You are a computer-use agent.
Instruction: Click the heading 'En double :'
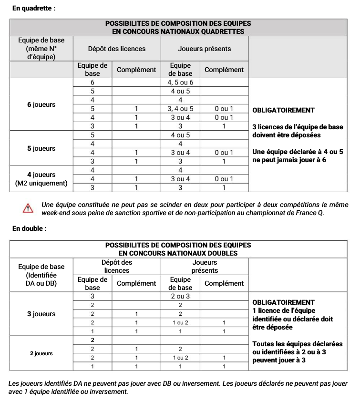pos(29,228)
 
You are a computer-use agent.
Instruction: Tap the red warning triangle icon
pos(28,208)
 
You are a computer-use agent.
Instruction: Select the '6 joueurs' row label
pos(41,104)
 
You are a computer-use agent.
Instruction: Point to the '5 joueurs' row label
pos(41,148)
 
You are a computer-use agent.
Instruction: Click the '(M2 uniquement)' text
pos(41,183)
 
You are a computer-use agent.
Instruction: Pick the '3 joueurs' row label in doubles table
pos(41,314)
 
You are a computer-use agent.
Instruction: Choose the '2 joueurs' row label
pos(41,353)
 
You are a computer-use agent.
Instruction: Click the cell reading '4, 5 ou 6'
pos(180,82)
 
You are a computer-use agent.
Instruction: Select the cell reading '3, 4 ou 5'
pos(180,109)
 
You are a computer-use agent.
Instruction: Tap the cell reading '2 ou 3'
pos(180,296)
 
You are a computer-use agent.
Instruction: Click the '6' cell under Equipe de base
pos(92,82)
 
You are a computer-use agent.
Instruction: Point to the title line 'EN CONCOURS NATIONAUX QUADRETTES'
pos(178,31)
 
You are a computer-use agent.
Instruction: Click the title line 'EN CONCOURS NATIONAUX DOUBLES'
pos(178,253)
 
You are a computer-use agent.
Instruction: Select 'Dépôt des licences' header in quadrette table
pos(117,49)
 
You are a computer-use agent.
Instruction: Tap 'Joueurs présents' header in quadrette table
pos(204,49)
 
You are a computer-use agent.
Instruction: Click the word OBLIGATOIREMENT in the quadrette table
pos(283,110)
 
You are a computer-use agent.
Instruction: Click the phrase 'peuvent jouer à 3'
pos(279,361)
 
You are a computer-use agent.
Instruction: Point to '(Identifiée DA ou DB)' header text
pos(41,279)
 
